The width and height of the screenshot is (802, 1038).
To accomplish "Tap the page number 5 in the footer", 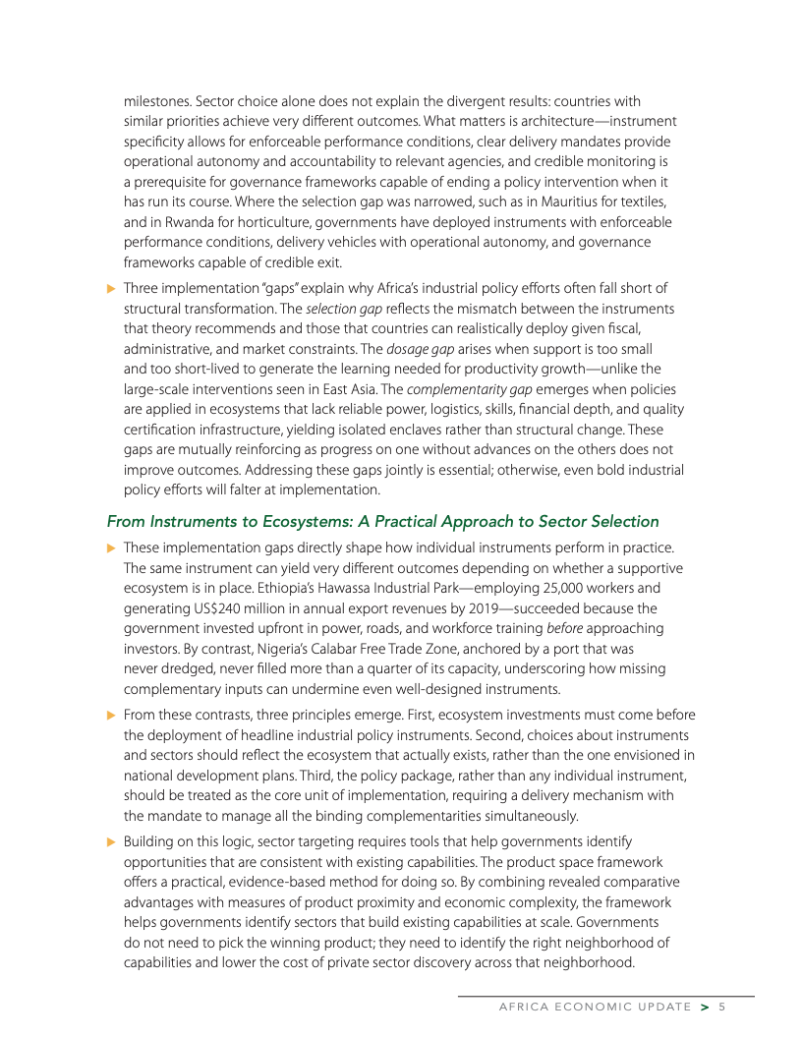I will (x=721, y=1007).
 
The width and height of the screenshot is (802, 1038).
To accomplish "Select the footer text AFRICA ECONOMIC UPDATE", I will (x=595, y=1007).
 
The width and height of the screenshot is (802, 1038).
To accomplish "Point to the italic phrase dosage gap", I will (x=416, y=348).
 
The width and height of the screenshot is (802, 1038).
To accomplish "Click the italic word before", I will (x=563, y=627).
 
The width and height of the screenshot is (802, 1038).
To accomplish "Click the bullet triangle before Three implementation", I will (x=111, y=288).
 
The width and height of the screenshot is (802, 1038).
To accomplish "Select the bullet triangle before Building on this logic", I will (x=111, y=841).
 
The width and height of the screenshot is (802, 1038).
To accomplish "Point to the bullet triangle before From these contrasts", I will (x=111, y=716).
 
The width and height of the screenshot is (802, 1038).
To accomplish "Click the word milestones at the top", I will (x=155, y=100).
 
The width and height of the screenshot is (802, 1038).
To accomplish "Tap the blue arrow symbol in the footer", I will (x=704, y=1007).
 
